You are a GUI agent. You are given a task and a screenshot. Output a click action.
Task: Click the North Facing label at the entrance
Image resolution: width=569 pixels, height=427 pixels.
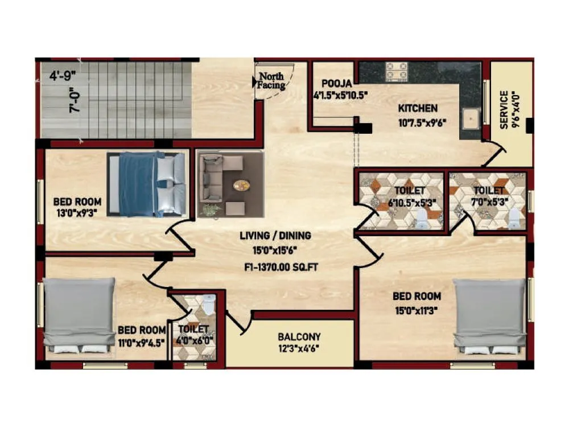pos(271,80)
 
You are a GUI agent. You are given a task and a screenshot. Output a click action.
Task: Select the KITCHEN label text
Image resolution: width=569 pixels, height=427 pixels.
pos(418,108)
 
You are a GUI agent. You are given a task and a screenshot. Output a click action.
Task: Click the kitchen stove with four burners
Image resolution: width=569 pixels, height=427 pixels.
pos(397,71)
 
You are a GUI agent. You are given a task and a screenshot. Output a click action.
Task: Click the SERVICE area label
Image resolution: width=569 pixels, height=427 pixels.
pos(504,110)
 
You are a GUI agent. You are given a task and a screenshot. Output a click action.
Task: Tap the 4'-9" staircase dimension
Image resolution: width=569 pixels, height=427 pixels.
pos(60,75)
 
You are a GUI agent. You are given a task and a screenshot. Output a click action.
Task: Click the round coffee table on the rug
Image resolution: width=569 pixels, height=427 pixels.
pos(242,185)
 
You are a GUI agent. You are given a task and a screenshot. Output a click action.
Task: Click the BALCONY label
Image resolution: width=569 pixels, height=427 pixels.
pos(299,336)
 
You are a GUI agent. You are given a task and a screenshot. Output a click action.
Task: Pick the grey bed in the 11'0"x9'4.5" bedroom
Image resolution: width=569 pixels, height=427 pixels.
pos(80,315)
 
